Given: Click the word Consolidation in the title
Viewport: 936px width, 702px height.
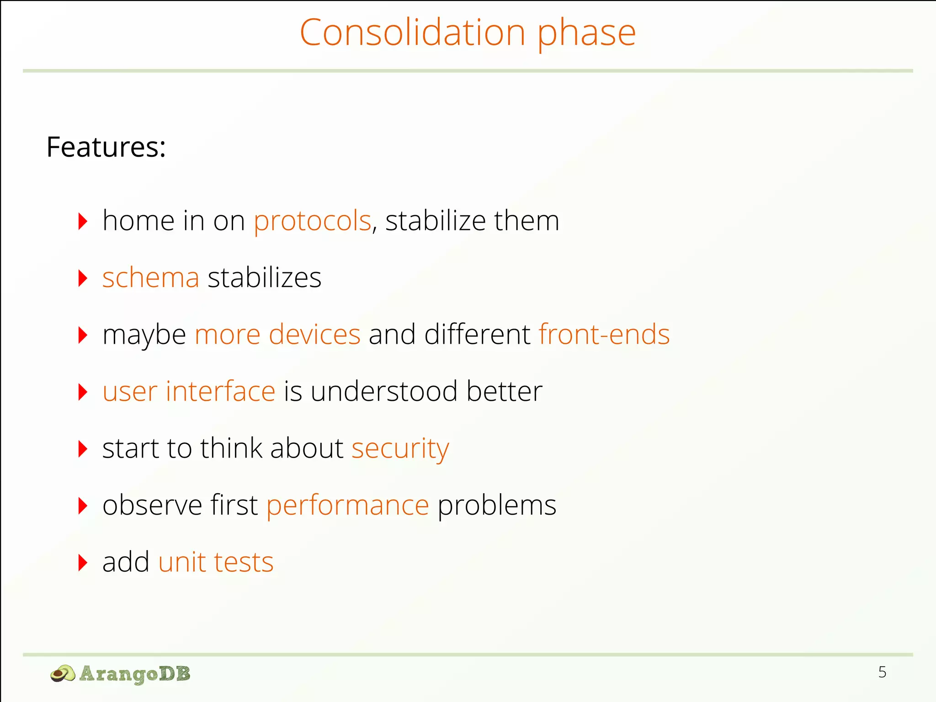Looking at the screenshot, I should [x=412, y=33].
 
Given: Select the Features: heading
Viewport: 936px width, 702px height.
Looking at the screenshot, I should [x=106, y=147].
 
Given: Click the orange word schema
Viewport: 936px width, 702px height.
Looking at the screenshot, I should [x=151, y=278].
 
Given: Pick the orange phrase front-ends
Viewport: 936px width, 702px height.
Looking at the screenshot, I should [x=604, y=335].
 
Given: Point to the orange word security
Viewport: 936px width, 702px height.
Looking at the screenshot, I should [x=400, y=448].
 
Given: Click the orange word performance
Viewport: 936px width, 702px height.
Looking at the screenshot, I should [x=348, y=505].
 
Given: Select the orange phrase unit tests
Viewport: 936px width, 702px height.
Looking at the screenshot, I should [x=216, y=562].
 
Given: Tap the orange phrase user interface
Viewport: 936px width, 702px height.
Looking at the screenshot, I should [x=189, y=392].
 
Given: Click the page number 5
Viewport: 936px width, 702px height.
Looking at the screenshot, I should [x=882, y=672].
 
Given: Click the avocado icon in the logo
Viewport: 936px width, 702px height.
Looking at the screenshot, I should [x=63, y=674].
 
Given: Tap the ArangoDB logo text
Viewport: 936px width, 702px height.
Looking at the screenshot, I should [x=135, y=674].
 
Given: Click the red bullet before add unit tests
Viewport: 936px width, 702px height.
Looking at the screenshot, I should [x=83, y=563].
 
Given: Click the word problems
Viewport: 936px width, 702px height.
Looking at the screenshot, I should [x=497, y=505].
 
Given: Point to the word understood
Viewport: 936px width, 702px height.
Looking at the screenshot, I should [x=384, y=392].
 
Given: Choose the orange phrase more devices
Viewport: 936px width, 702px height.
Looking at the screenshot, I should [x=277, y=335].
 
